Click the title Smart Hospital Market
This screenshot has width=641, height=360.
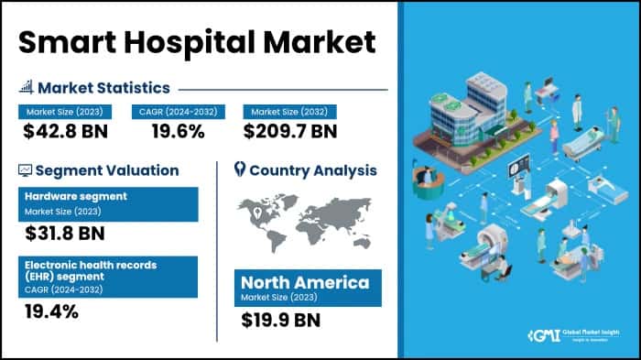pyautogui.click(x=197, y=42)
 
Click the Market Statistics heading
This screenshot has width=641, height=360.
pyautogui.click(x=103, y=88)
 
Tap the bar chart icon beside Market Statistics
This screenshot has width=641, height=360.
pyautogui.click(x=26, y=88)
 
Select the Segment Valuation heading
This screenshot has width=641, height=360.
pyautogui.click(x=107, y=170)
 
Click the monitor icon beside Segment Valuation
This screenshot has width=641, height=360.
pyautogui.click(x=26, y=170)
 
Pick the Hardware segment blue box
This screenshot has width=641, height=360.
pyautogui.click(x=107, y=203)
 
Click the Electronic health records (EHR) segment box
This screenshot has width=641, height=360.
pyautogui.click(x=107, y=276)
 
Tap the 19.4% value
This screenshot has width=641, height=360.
pyautogui.click(x=52, y=312)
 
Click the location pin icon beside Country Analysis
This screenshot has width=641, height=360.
pyautogui.click(x=240, y=169)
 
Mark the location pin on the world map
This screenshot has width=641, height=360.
pyautogui.click(x=261, y=215)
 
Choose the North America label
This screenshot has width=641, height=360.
pyautogui.click(x=305, y=281)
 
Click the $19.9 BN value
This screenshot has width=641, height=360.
pyautogui.click(x=282, y=320)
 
